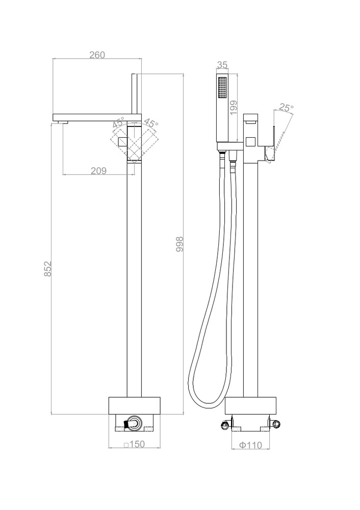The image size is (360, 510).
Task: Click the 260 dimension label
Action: pos(97,55)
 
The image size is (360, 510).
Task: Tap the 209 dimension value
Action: pos(98,170)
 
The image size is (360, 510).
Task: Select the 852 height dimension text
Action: pos(48,269)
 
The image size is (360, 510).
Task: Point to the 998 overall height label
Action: pos(179,244)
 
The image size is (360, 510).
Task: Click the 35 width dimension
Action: pos(222,65)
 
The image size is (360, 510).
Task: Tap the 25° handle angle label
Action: pos(286,108)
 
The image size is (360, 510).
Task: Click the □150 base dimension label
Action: pos(134,444)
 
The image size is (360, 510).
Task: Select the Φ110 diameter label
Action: pos(251,445)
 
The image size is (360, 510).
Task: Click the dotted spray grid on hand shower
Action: pos(222,87)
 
